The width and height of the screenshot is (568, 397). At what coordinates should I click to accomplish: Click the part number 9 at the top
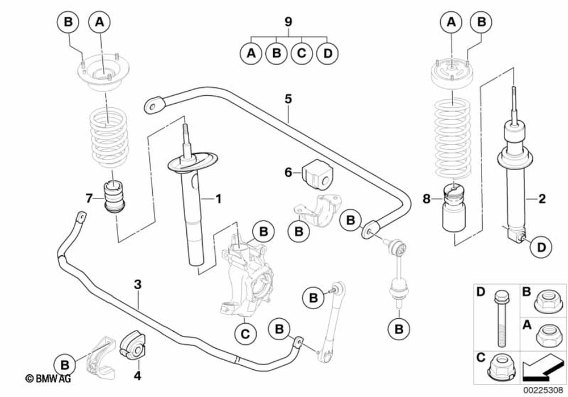click(x=288, y=23)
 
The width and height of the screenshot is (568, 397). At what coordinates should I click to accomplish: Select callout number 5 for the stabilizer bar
click(x=288, y=99)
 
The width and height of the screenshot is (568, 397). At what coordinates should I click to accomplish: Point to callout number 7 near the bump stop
click(x=89, y=198)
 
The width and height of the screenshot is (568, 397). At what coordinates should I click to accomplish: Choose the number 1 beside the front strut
click(x=217, y=198)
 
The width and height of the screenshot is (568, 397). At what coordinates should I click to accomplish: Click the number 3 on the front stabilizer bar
click(x=137, y=284)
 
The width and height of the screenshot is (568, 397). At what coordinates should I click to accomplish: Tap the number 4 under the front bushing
click(x=137, y=375)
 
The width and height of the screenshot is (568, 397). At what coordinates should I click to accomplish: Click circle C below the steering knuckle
click(x=245, y=334)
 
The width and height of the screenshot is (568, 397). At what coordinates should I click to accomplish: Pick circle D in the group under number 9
click(x=327, y=54)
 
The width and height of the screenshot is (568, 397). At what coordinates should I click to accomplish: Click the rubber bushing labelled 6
click(x=318, y=173)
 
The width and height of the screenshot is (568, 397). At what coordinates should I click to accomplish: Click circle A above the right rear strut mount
click(x=452, y=22)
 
